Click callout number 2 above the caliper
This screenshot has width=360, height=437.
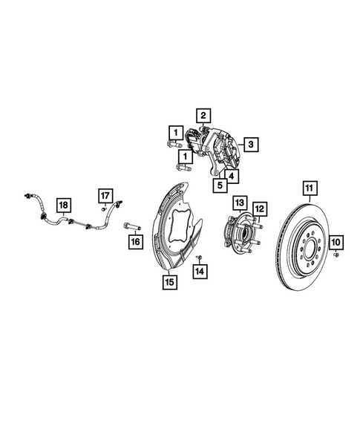coord(202,114)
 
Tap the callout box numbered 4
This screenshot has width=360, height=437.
coord(232,177)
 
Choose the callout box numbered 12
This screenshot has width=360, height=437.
coord(259,208)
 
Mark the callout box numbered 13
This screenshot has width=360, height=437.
coord(240,202)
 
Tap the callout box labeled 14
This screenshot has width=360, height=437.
coord(198,272)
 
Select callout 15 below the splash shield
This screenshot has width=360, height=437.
coord(169,281)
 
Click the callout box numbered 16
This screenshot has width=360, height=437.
coord(134,241)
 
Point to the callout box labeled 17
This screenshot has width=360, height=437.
coord(105,196)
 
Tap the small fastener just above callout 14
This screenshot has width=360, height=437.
coord(200,257)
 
